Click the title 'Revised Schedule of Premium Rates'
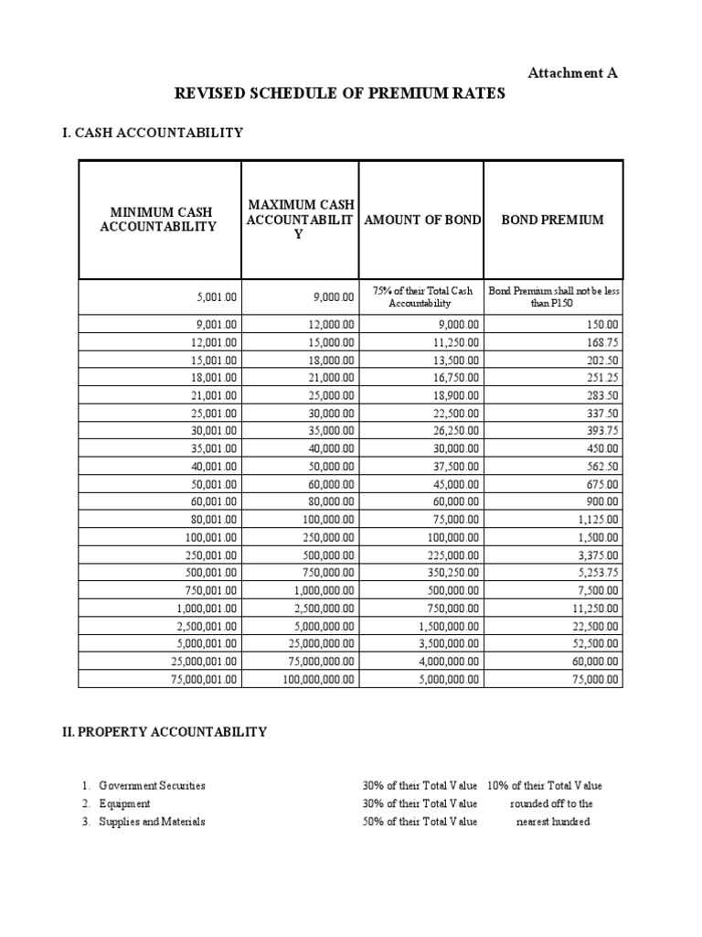pos(339,94)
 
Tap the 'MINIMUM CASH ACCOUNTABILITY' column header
pos(160,220)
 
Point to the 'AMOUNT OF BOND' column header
pos(422,221)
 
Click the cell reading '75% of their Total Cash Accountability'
pos(421,296)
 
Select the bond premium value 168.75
pos(601,342)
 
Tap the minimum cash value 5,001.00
pos(216,297)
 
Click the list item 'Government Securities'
pos(153,785)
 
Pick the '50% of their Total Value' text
pos(420,822)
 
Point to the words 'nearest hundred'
pos(553,822)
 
